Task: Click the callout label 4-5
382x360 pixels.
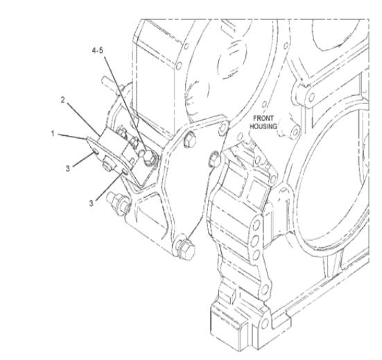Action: pos(98,51)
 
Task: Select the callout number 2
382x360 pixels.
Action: pos(63,100)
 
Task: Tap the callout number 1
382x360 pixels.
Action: pos(53,134)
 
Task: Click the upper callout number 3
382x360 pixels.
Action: pos(68,169)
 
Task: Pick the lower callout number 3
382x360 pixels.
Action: pos(91,203)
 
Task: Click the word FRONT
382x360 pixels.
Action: pos(263,119)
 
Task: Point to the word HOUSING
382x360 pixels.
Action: pos(263,126)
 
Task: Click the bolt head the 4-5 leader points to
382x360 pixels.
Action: pos(148,157)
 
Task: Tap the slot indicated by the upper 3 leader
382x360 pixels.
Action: pos(96,152)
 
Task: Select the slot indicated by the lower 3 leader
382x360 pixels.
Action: pos(125,171)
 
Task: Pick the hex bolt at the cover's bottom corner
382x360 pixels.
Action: pos(186,248)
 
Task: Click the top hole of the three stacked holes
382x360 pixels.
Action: pos(257,225)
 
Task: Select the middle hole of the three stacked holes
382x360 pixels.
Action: pos(255,241)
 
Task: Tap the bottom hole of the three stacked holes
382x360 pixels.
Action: pos(256,255)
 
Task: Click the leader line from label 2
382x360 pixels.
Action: pos(84,119)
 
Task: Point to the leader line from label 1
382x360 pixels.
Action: pos(72,137)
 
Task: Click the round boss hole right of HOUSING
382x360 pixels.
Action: pos(295,132)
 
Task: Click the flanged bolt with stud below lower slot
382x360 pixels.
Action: pos(119,204)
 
